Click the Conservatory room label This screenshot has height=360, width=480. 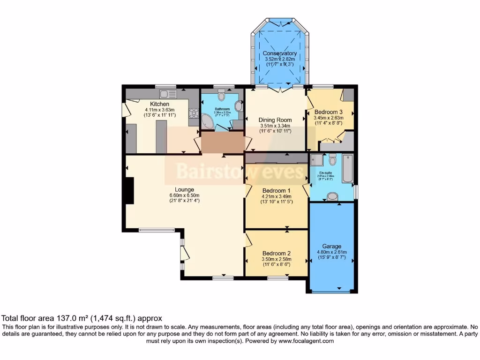pos(280,53)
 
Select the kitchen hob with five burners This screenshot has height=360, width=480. pos(193,113)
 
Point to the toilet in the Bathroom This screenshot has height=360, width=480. pos(222,96)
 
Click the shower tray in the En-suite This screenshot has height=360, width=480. pos(316,160)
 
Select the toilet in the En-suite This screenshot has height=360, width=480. pos(332,161)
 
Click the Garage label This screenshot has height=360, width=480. pos(331,246)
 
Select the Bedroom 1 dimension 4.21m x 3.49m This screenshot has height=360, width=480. pos(277,196)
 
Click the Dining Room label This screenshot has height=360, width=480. pos(276,120)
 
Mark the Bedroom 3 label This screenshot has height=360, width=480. pos(328,112)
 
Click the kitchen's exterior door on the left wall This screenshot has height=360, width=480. pos(124,110)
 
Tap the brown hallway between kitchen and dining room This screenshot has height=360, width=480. pos(223,142)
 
